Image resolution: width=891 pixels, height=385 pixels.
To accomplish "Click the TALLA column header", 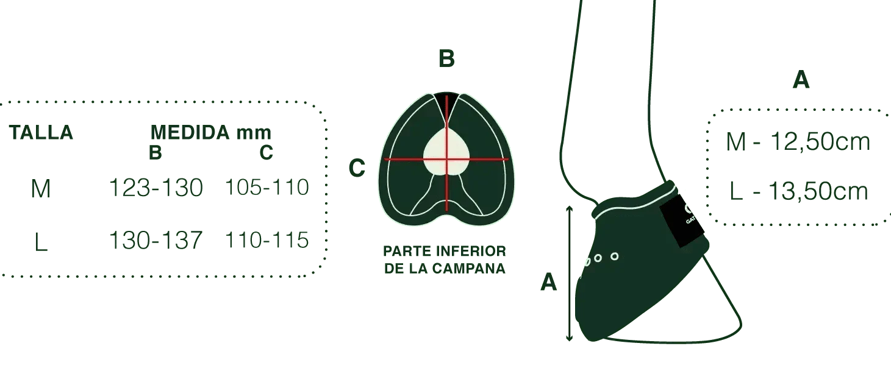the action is tap(41, 132).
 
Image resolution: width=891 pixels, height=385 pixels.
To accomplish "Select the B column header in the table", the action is tap(156, 152).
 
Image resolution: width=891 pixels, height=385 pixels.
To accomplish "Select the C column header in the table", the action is tap(266, 152).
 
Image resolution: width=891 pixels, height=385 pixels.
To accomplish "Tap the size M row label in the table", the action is tap(41, 189).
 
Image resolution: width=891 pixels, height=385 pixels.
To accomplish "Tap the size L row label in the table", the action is tap(41, 242).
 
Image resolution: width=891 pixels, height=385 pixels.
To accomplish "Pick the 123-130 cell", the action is tap(156, 188).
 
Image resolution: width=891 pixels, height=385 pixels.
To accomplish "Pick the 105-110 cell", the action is tap(267, 187).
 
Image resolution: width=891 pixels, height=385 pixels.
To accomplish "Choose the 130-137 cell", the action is tap(156, 241).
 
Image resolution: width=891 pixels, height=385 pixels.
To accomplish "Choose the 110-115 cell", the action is tap(267, 240).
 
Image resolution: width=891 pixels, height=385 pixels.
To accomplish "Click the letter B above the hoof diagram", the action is tap(446, 58).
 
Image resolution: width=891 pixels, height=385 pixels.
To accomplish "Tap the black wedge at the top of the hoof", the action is tap(446, 100).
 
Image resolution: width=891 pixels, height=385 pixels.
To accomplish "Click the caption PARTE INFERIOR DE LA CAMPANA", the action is tap(445, 260).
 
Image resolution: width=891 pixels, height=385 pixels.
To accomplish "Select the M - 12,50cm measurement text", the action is tap(798, 141).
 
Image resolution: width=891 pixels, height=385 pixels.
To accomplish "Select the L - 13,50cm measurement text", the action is tap(799, 191).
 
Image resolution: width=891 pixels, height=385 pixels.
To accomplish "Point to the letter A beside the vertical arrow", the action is tap(548, 282).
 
